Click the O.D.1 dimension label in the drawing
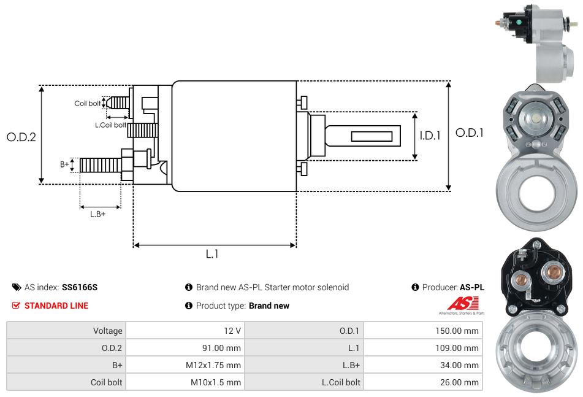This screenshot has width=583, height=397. (470, 133)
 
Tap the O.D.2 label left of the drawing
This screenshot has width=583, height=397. (21, 137)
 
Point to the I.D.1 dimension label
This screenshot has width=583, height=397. (430, 136)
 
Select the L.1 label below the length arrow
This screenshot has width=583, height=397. (212, 254)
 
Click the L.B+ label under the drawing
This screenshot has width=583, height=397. (97, 214)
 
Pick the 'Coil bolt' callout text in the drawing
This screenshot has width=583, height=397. (88, 103)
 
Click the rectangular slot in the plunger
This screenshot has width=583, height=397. (372, 136)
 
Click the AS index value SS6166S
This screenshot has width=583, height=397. (80, 287)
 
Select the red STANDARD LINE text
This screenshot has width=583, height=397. (56, 306)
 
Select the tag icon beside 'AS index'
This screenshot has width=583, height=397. (17, 287)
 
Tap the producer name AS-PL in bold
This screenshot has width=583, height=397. (472, 287)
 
